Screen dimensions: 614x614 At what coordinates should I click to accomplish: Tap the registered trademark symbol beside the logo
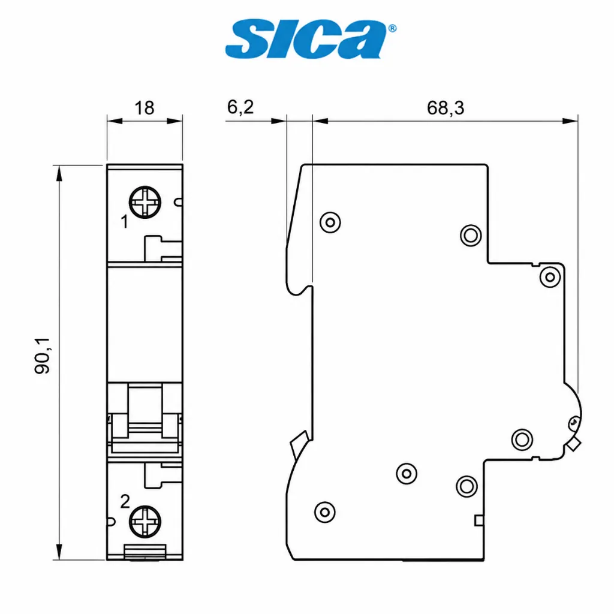pos(392,28)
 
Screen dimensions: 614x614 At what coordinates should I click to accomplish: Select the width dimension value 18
pos(144,108)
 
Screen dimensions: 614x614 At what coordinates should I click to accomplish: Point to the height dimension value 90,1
pos(42,356)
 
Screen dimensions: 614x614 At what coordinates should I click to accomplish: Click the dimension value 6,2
pos(240,107)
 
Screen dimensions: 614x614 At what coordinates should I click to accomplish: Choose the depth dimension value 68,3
pos(446,108)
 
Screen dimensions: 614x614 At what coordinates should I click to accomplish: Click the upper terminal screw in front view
pos(145,203)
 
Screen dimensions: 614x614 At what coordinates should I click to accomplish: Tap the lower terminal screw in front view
pos(145,522)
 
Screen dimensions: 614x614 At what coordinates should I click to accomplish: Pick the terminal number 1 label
pos(125,222)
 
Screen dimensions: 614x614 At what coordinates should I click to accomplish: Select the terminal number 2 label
pos(125,502)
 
